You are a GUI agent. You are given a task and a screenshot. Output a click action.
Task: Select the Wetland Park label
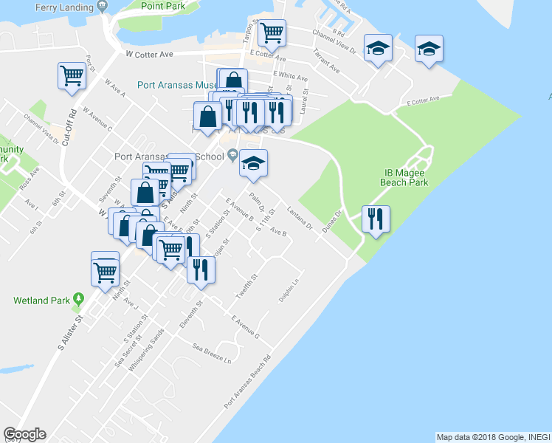click(x=41, y=301)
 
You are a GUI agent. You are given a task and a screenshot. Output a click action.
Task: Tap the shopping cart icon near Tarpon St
click(x=272, y=32)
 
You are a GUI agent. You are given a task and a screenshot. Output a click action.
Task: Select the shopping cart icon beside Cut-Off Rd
click(x=72, y=75)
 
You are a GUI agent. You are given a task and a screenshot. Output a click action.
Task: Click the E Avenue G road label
click(x=245, y=328)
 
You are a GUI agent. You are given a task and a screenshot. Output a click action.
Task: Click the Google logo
click(x=24, y=435)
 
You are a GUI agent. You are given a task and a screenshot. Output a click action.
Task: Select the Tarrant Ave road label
click(x=325, y=61)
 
